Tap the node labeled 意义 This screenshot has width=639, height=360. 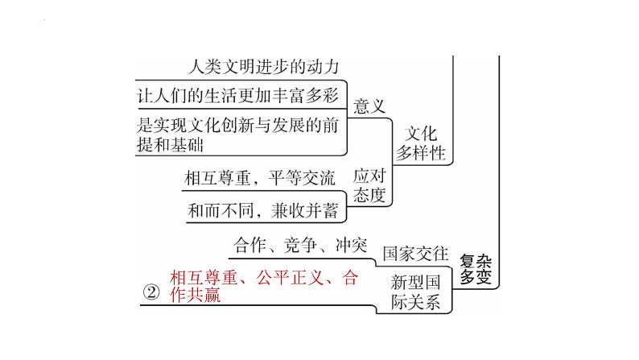coord(369,106)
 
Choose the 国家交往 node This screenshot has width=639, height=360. coord(415,253)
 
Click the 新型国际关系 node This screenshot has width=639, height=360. coord(415,292)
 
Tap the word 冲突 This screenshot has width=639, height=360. coord(350,243)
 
